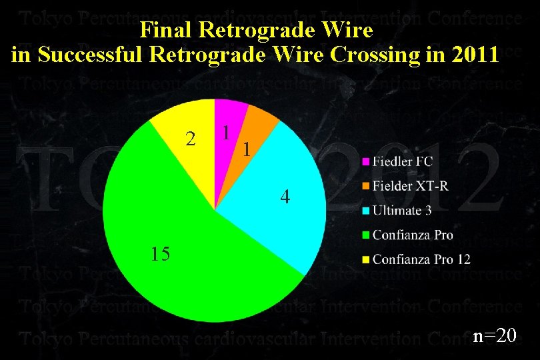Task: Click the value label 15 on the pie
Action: click(x=161, y=254)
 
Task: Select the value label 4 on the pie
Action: click(x=285, y=197)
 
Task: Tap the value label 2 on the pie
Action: click(x=191, y=139)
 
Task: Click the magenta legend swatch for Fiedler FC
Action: click(x=366, y=162)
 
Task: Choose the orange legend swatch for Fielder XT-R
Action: click(x=366, y=186)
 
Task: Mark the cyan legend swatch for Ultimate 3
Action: click(x=366, y=211)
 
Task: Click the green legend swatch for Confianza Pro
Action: click(x=366, y=235)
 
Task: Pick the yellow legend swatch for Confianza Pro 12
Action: click(x=366, y=259)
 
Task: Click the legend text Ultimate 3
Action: click(x=402, y=211)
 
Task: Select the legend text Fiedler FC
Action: click(x=402, y=162)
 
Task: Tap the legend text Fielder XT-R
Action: click(x=411, y=186)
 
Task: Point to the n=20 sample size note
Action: click(x=495, y=335)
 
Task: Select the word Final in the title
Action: click(x=162, y=31)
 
